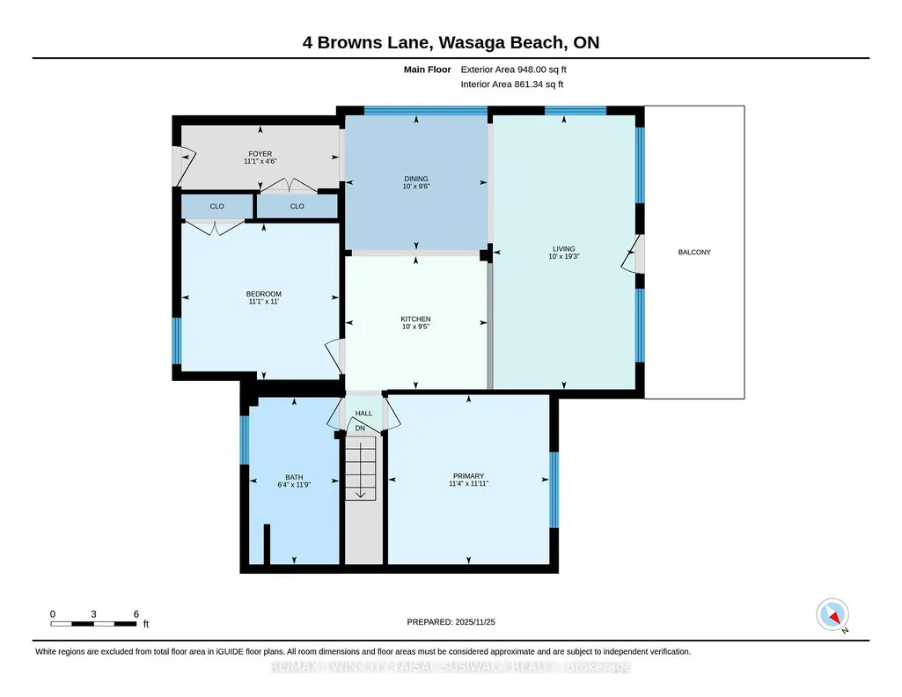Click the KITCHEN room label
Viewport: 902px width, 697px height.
tap(415, 319)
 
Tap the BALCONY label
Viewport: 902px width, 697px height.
tap(694, 252)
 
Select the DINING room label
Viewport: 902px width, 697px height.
tap(416, 179)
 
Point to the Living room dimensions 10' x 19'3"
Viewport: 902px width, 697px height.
tap(564, 256)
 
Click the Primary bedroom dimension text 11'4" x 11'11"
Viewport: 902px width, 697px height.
tap(468, 484)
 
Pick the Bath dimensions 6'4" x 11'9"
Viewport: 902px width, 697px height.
tap(294, 485)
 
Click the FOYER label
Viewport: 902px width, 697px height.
tap(260, 153)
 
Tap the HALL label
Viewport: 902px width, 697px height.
tap(363, 414)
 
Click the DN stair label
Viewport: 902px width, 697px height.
tap(360, 429)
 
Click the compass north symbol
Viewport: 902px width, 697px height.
tap(832, 615)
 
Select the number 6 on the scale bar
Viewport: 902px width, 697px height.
tap(136, 614)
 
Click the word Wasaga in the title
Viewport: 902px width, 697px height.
tap(474, 42)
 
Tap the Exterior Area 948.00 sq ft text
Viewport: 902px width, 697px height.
tap(514, 70)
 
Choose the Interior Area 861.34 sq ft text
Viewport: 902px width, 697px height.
tap(512, 84)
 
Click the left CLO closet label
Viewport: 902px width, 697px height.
tap(216, 207)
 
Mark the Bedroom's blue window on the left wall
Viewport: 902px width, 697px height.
tap(177, 341)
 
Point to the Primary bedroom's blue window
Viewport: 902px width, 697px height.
tap(554, 490)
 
